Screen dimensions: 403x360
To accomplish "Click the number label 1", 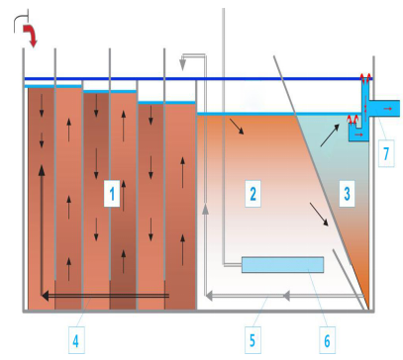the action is pyautogui.click(x=112, y=194).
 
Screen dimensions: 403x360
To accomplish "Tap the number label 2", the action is pyautogui.click(x=252, y=194).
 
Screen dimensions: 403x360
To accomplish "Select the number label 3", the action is pyautogui.click(x=347, y=194).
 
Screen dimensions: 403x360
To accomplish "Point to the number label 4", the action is pyautogui.click(x=76, y=340).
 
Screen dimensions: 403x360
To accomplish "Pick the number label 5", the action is pyautogui.click(x=252, y=340).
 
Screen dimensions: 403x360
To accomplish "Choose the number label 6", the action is pyautogui.click(x=327, y=340).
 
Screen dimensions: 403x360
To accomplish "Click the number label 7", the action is pyautogui.click(x=386, y=153).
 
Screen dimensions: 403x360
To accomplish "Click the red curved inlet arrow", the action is pyautogui.click(x=30, y=36).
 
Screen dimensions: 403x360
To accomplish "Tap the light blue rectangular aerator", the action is pyautogui.click(x=282, y=265).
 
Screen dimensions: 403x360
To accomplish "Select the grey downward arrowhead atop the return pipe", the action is pyautogui.click(x=182, y=65).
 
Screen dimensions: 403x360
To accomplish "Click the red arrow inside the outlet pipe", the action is pyautogui.click(x=388, y=108).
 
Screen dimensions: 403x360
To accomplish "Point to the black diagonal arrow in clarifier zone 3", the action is pyautogui.click(x=330, y=135).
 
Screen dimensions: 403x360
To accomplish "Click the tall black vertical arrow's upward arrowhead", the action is pyautogui.click(x=42, y=170).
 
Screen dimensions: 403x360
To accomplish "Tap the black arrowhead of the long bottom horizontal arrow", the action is pyautogui.click(x=46, y=296).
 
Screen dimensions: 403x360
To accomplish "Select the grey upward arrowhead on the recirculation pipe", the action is pyautogui.click(x=205, y=209).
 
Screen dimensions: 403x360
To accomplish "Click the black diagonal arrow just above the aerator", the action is pyautogui.click(x=319, y=215).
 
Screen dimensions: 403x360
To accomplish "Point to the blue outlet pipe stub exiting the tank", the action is pyautogui.click(x=384, y=108).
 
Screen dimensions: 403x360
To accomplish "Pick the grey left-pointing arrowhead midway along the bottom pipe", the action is pyautogui.click(x=286, y=296).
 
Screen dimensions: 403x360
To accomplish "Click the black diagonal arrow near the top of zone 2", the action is pyautogui.click(x=237, y=127).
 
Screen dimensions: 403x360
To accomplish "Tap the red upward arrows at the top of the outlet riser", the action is pyautogui.click(x=365, y=78).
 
